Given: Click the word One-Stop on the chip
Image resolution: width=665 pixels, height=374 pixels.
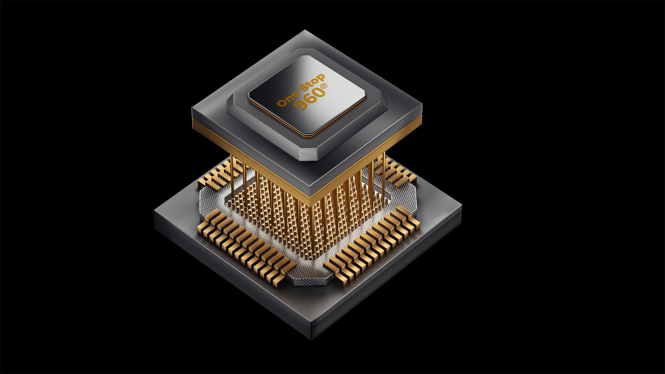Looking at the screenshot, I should point(301,89).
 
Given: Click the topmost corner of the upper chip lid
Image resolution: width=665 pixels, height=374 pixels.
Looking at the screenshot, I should point(304,30).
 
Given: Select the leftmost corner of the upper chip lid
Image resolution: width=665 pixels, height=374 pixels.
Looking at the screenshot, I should point(193,110).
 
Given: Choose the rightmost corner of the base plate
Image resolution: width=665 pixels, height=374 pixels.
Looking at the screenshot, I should point(462,205).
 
